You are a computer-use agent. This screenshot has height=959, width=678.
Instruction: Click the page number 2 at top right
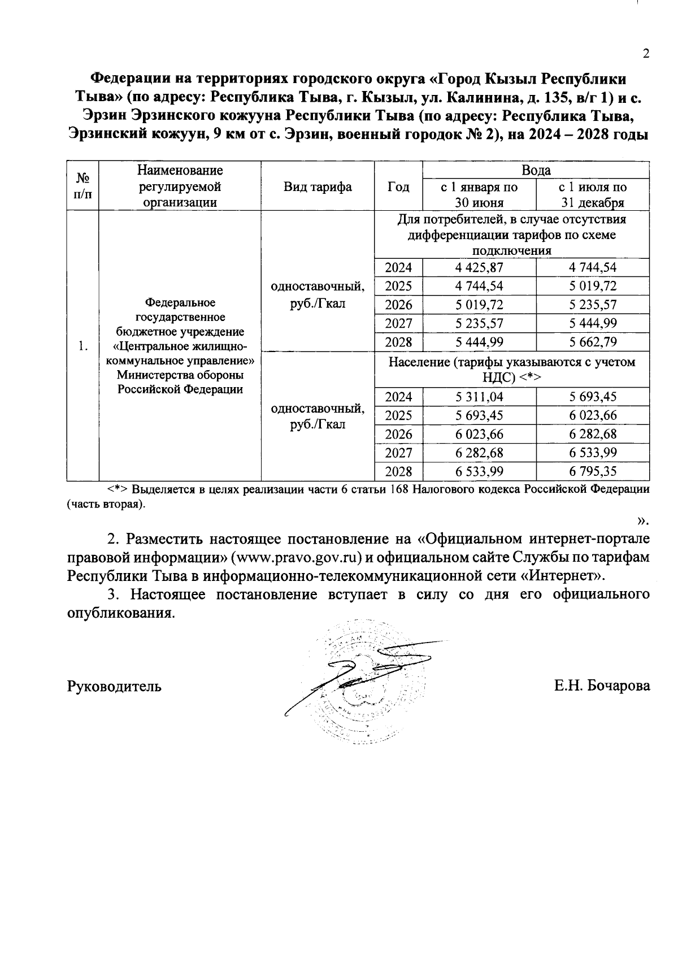tap(646, 54)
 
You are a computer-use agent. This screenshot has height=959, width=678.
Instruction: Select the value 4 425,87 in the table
tap(479, 267)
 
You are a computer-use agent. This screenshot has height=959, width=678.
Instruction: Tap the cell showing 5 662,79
tap(593, 342)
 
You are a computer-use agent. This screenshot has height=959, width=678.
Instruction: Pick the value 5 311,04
tap(479, 397)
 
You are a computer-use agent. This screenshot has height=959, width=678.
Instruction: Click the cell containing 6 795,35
tap(593, 471)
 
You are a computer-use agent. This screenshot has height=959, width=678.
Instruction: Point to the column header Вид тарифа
tap(318, 186)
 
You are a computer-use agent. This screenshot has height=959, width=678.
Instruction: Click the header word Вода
tap(536, 170)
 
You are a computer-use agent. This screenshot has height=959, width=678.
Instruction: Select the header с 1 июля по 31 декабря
tap(593, 194)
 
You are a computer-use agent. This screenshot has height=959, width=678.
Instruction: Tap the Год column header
tap(398, 186)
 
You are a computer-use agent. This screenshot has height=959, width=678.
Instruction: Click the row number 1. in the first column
tap(83, 346)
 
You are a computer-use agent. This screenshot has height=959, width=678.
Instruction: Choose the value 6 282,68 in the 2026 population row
tap(593, 434)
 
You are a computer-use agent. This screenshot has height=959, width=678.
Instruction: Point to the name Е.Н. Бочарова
tap(602, 686)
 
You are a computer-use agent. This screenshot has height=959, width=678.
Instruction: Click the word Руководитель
tap(114, 686)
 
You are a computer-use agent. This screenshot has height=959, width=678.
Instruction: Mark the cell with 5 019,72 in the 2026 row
tap(479, 305)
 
